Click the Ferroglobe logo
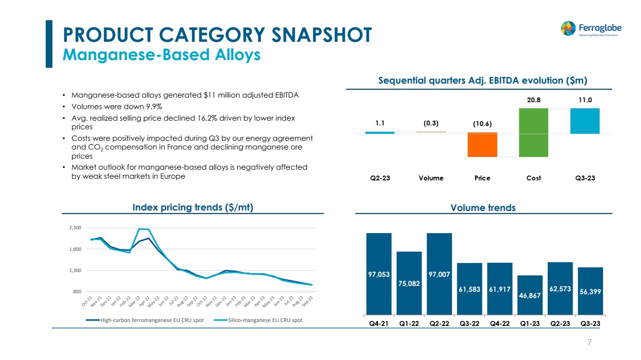[590, 28]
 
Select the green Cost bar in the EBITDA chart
[534, 132]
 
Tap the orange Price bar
[482, 145]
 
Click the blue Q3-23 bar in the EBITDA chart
[585, 121]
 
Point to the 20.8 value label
[534, 100]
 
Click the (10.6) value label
[482, 124]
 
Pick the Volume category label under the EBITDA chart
[431, 178]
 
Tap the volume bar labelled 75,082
[409, 283]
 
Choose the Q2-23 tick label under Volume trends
[560, 323]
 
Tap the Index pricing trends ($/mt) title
[193, 207]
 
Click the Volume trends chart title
[483, 208]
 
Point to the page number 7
[590, 342]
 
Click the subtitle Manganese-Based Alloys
[162, 55]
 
